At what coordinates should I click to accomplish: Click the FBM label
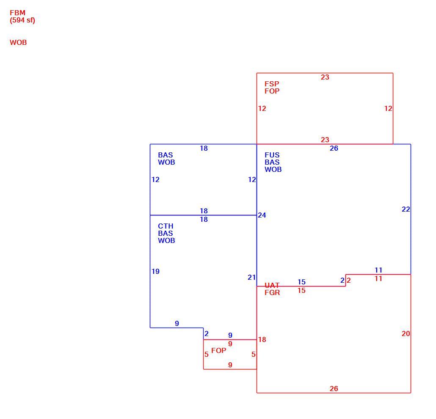[x=17, y=13]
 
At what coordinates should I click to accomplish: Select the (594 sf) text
[x=22, y=20]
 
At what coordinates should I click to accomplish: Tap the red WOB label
[x=18, y=43]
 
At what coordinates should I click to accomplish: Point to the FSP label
[x=272, y=84]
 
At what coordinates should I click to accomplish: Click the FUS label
[x=272, y=155]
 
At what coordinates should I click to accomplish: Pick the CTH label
[x=166, y=226]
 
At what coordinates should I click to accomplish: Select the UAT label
[x=272, y=285]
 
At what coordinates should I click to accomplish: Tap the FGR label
[x=272, y=292]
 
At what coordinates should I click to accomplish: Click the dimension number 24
[x=262, y=215]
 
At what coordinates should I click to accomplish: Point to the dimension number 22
[x=406, y=209]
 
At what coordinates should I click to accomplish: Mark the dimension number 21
[x=251, y=278]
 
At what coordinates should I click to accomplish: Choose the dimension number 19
[x=155, y=271]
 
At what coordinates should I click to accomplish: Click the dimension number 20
[x=406, y=334]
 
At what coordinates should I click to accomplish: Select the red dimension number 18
[x=262, y=339]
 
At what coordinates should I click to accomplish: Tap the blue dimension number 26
[x=334, y=149]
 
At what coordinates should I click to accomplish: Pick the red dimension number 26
[x=334, y=389]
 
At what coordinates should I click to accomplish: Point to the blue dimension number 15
[x=301, y=282]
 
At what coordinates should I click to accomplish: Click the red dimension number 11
[x=378, y=278]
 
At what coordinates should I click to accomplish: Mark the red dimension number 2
[x=349, y=281]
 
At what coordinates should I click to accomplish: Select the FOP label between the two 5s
[x=218, y=350]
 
